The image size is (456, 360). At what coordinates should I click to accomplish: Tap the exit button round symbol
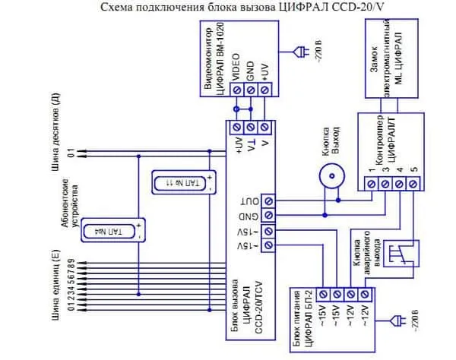(x=331, y=175)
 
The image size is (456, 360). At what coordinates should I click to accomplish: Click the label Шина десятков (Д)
(x=55, y=131)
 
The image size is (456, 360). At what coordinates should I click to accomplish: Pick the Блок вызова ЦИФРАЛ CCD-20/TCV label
(x=247, y=300)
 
